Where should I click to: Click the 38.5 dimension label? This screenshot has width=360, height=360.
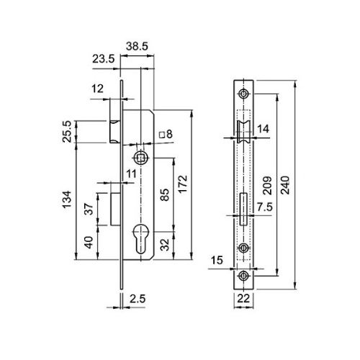tap(137, 46)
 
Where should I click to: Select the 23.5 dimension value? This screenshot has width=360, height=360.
tap(104, 59)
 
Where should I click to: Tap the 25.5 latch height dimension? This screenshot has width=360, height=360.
tap(67, 132)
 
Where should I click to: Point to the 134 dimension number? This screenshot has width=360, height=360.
tap(68, 199)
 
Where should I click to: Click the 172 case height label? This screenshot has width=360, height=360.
tap(183, 184)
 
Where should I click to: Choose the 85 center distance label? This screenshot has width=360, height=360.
tap(165, 195)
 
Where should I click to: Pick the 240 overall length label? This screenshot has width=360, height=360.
tap(285, 185)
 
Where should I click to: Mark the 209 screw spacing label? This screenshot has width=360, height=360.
tap(267, 186)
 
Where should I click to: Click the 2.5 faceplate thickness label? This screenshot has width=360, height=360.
tap(138, 299)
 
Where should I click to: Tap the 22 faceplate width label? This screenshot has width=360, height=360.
tap(243, 299)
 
